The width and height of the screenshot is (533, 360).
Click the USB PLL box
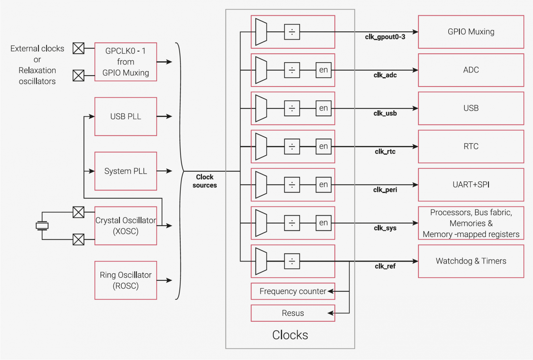(126, 116)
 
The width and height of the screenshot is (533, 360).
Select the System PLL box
(126, 171)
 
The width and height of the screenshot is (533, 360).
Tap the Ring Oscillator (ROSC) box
(126, 280)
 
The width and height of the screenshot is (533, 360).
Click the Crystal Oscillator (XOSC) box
(126, 225)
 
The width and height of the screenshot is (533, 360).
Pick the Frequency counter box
(293, 291)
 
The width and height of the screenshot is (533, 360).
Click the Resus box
(293, 313)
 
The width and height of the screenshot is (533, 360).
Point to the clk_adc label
(385, 75)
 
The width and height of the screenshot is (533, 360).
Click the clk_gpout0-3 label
(385, 37)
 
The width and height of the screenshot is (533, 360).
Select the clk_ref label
(385, 266)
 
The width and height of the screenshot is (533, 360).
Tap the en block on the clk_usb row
(323, 108)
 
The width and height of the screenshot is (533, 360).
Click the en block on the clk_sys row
(323, 223)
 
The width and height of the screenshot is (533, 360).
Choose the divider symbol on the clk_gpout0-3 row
(292, 32)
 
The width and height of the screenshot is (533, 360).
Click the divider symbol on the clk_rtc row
(292, 147)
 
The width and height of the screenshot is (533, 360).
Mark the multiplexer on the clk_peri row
(261, 185)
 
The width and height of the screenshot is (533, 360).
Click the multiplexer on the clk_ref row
(261, 261)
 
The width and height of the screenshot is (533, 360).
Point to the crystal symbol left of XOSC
(42, 225)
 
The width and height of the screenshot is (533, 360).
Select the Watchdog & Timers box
(471, 261)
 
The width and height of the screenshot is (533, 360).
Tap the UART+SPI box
(471, 185)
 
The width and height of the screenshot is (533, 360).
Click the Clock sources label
(205, 181)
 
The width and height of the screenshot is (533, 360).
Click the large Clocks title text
(290, 335)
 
